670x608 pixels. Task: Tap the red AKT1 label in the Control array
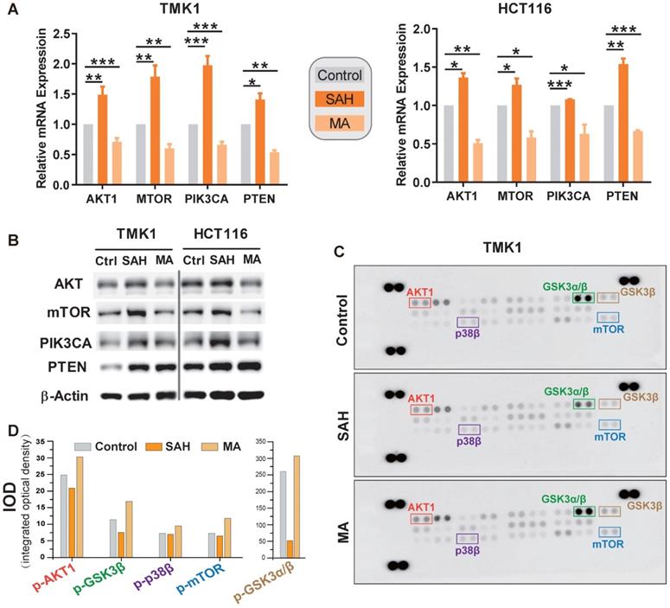421,291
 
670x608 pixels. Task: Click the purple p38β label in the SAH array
468,440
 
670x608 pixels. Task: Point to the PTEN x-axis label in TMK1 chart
256,196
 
